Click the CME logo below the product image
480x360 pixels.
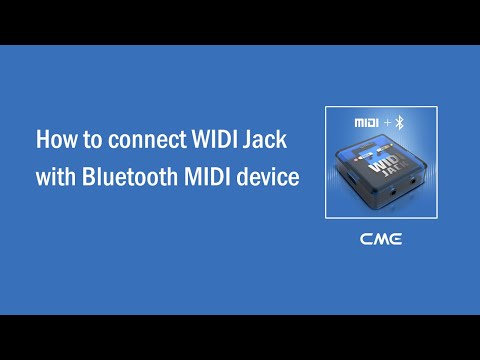[x=380, y=239]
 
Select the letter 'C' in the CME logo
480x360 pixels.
[x=367, y=239]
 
